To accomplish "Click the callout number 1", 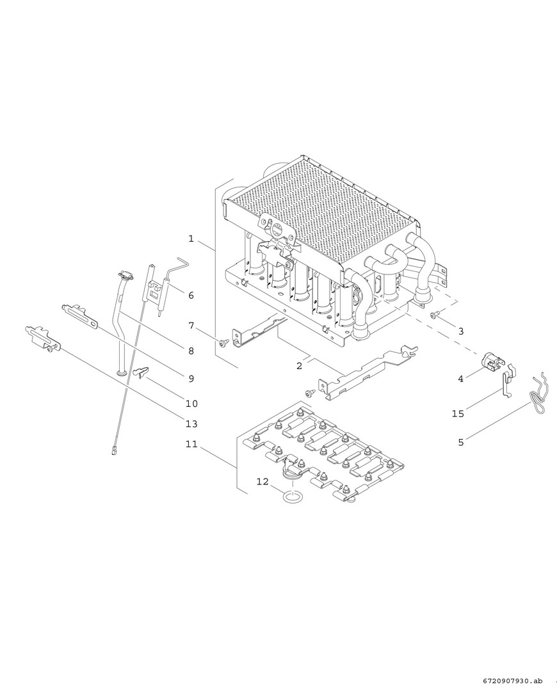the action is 191,239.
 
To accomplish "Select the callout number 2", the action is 300,366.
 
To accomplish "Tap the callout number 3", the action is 461,331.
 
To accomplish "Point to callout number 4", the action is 461,379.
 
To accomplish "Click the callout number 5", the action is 461,442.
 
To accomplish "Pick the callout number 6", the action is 191,295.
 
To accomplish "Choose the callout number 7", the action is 191,326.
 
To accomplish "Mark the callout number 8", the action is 191,351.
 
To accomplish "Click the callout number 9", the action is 191,379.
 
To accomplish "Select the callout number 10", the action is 191,404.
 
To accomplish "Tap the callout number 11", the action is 191,444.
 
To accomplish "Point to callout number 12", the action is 262,482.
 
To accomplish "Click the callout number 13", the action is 191,424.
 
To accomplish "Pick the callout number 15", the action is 458,414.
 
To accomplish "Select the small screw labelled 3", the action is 435,314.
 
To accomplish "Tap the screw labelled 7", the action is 223,342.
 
